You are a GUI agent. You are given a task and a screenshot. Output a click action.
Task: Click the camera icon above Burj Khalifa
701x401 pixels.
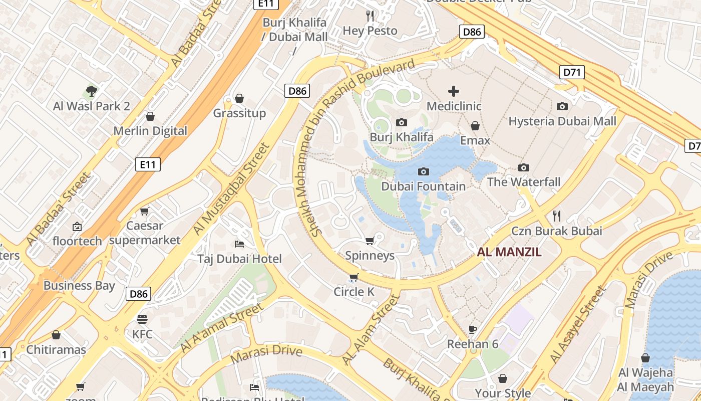[x=401, y=122]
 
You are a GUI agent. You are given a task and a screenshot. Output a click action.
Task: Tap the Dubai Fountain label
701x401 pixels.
[x=423, y=186]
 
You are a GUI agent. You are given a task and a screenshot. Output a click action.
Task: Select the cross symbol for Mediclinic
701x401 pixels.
[x=454, y=91]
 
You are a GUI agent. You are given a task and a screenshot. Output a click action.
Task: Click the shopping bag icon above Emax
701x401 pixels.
[x=475, y=126]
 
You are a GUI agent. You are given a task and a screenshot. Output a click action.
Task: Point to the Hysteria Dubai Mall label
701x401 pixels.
[x=562, y=121]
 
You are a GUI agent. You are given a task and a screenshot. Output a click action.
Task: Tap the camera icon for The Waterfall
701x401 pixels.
[x=524, y=167]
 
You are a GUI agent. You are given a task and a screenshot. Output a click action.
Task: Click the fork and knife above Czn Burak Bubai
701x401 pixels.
[x=556, y=216]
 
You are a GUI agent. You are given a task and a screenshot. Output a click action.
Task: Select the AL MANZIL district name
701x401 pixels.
[x=509, y=252]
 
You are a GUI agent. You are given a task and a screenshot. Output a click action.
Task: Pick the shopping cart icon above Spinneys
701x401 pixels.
[x=370, y=241]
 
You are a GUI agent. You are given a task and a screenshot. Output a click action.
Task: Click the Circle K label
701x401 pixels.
[x=354, y=292]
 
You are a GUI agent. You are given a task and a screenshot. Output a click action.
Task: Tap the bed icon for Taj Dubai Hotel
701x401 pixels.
[x=239, y=244]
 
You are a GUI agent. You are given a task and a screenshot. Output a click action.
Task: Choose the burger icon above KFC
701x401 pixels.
[x=142, y=319]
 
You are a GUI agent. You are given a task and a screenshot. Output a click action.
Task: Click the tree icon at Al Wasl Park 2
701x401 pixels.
[x=91, y=91]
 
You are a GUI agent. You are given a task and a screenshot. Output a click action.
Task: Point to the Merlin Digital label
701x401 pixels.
[x=150, y=131]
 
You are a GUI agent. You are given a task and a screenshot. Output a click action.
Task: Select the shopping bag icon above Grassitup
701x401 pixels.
[x=239, y=98]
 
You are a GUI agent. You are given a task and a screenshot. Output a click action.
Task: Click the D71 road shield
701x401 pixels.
[x=571, y=72]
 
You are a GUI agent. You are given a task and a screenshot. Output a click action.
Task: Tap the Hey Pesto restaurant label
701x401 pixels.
[x=370, y=31]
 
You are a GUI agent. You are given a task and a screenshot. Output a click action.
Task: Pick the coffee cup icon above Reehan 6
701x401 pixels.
[x=473, y=329]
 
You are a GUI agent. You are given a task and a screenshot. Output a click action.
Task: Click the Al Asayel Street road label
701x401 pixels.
[x=577, y=324]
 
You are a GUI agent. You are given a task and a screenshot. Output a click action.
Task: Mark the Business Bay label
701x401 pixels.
[x=79, y=286]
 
